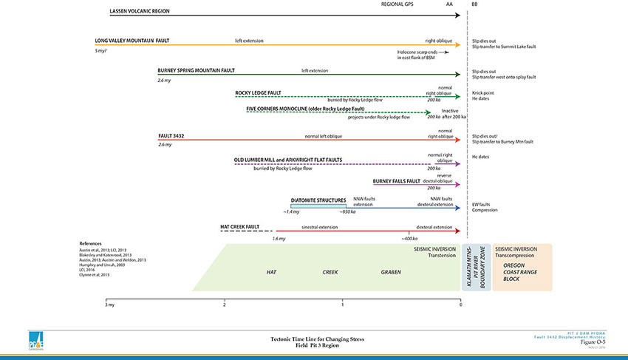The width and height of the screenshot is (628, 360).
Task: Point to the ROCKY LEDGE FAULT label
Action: point(258,92)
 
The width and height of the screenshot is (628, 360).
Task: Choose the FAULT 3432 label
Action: point(171,137)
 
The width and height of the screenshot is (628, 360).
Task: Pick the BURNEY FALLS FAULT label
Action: point(397,180)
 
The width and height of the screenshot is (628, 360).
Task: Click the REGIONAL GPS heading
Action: point(397,4)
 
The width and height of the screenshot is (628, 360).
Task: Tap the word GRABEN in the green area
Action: point(391,272)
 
